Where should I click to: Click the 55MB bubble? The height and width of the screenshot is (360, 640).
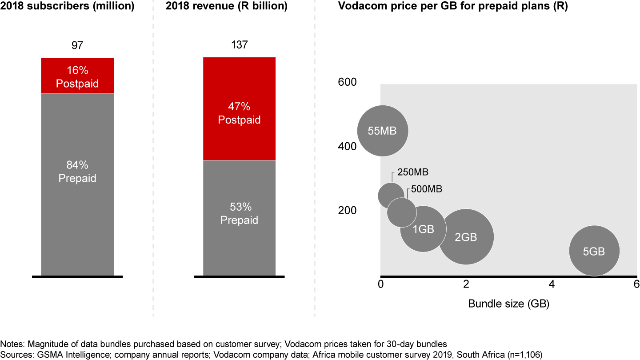(383, 131)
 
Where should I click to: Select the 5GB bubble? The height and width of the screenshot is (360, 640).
(594, 251)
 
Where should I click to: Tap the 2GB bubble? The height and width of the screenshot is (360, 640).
(466, 237)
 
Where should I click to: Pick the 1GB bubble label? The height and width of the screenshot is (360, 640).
(423, 229)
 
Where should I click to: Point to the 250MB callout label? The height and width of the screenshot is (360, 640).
(413, 172)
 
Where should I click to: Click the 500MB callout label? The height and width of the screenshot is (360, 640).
(427, 189)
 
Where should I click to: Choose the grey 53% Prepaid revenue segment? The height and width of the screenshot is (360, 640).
(239, 218)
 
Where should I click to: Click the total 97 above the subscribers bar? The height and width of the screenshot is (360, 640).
(77, 45)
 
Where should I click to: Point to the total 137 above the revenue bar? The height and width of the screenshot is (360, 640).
(239, 45)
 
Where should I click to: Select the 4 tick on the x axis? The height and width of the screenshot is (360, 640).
(552, 284)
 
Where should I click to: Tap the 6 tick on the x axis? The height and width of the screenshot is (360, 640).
(636, 284)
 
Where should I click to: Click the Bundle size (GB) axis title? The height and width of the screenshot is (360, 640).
(508, 304)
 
